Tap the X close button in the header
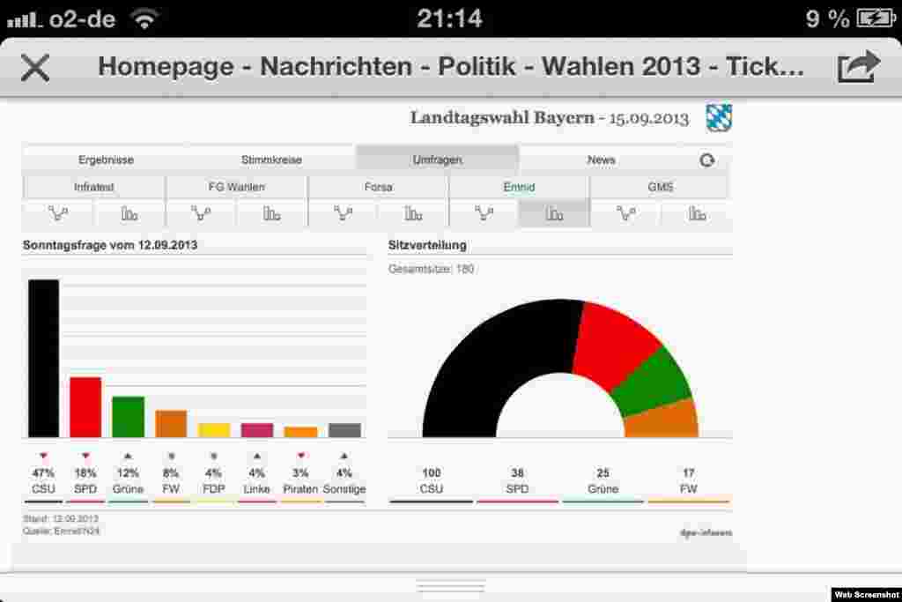(x=35, y=67)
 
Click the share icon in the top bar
(x=858, y=66)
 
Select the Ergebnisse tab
(x=106, y=160)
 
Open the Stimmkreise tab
(x=271, y=160)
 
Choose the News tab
(x=602, y=160)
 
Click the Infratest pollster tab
(x=94, y=187)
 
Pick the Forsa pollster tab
(x=378, y=187)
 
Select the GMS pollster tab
(x=660, y=187)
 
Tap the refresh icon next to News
(x=706, y=160)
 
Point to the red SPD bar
(x=85, y=406)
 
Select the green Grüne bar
(x=128, y=416)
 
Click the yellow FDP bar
(x=214, y=430)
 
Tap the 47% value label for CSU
(x=43, y=473)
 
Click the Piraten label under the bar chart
(x=300, y=489)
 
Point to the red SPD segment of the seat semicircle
(x=617, y=339)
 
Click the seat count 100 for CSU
(x=432, y=473)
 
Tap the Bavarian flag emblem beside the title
(x=719, y=117)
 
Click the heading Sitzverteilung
(x=427, y=245)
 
